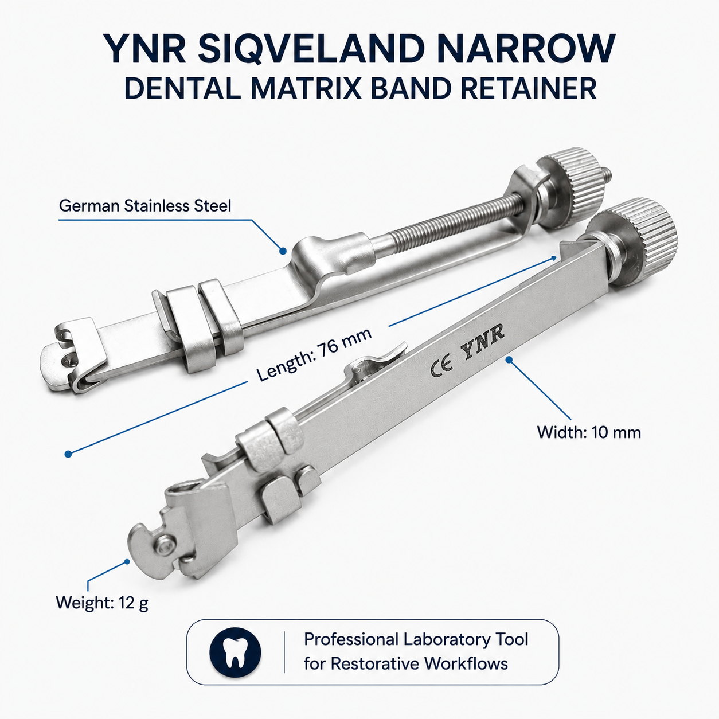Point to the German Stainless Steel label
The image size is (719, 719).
[x=145, y=206]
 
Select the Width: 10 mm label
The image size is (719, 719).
[x=589, y=433]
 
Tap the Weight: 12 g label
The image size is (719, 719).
[x=102, y=603]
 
